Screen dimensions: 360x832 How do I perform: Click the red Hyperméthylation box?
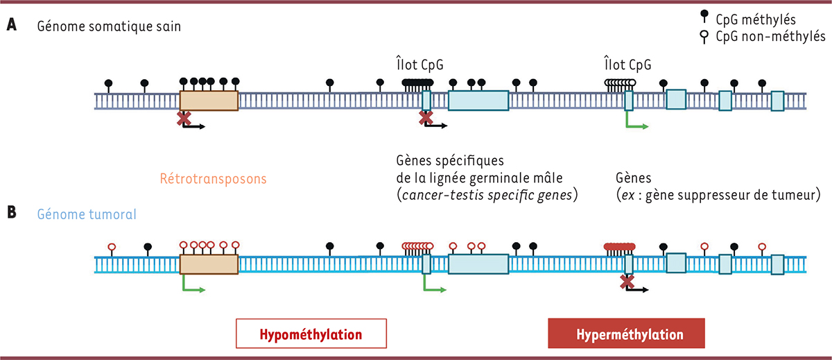(626, 334)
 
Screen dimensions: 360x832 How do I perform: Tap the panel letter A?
(11, 26)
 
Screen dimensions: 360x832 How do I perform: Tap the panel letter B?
(11, 213)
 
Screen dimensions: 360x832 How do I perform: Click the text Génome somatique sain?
(102, 26)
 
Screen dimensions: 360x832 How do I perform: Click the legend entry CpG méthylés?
(763, 20)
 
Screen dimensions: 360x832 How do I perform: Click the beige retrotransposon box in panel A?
(209, 101)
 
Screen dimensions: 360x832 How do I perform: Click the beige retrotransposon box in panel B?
(209, 264)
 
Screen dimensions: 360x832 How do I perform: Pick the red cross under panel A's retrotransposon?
(184, 119)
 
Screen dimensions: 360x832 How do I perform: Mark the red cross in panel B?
(627, 281)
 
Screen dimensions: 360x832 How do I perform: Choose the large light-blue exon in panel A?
(478, 101)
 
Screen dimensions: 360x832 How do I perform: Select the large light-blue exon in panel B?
(478, 264)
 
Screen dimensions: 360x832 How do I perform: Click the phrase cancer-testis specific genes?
(482, 196)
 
